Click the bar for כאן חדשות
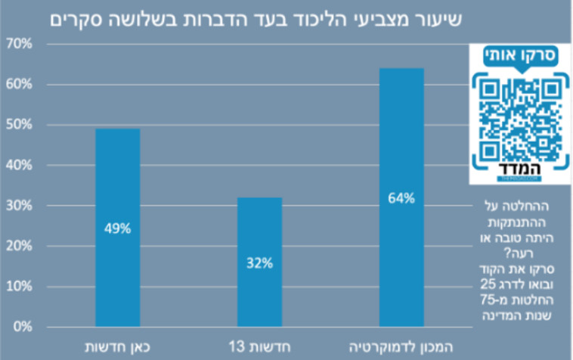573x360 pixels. [x=117, y=227]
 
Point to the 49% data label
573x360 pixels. [x=117, y=228]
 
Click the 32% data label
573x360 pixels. [x=259, y=263]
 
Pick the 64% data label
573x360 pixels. [x=401, y=199]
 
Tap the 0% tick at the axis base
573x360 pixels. [x=22, y=327]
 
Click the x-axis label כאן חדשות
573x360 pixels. [x=117, y=346]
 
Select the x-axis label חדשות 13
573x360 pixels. [x=259, y=346]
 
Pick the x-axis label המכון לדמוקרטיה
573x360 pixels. [x=401, y=346]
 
